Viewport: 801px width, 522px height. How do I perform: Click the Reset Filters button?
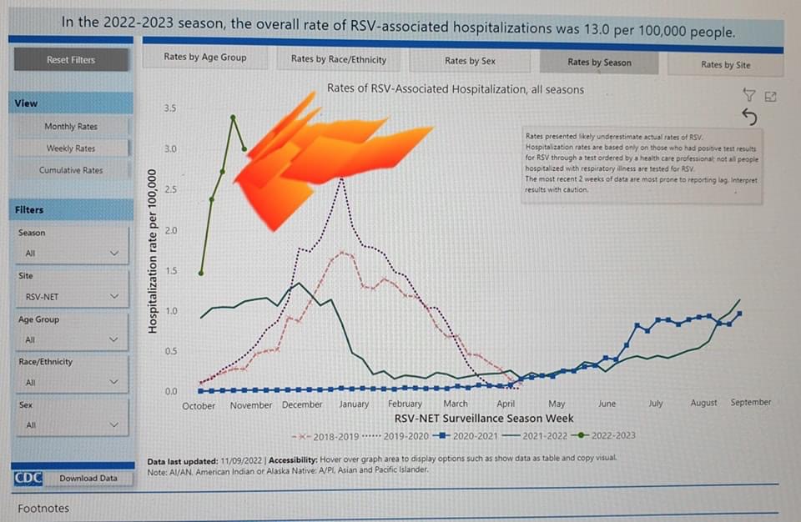[71, 60]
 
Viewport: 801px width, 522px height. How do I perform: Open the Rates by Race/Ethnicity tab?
[339, 59]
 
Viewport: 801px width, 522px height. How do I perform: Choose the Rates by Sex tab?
[470, 61]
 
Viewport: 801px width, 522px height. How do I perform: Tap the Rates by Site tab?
[724, 64]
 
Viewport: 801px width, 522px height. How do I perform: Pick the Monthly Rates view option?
[71, 126]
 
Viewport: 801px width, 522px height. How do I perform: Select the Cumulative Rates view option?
[71, 170]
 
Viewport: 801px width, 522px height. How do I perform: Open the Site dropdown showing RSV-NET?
[71, 296]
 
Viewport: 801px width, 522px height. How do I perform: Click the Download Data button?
[88, 479]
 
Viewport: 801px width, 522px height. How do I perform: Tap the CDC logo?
[28, 479]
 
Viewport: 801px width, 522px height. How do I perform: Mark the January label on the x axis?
[354, 404]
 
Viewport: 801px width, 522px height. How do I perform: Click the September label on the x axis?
[750, 402]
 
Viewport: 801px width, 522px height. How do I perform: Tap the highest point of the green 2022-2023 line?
[233, 118]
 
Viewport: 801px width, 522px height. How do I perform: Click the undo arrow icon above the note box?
[748, 117]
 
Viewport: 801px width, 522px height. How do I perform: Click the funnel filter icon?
[748, 95]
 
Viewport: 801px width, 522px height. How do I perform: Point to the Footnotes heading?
[43, 508]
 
